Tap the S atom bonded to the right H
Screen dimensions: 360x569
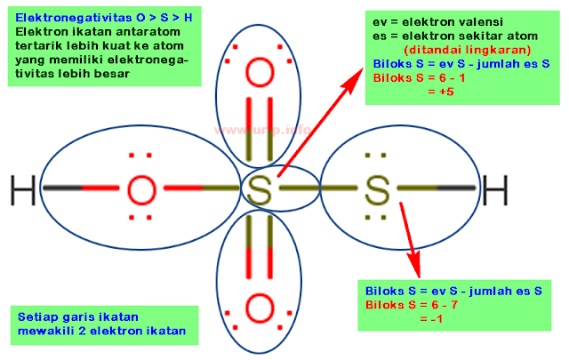coord(377,189)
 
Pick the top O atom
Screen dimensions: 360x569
coord(259,72)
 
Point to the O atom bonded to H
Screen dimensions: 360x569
coord(141,189)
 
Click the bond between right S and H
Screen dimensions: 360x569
coord(436,188)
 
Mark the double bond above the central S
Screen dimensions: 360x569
coord(259,131)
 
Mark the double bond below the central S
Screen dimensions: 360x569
coord(259,250)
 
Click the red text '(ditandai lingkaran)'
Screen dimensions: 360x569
coord(468,50)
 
